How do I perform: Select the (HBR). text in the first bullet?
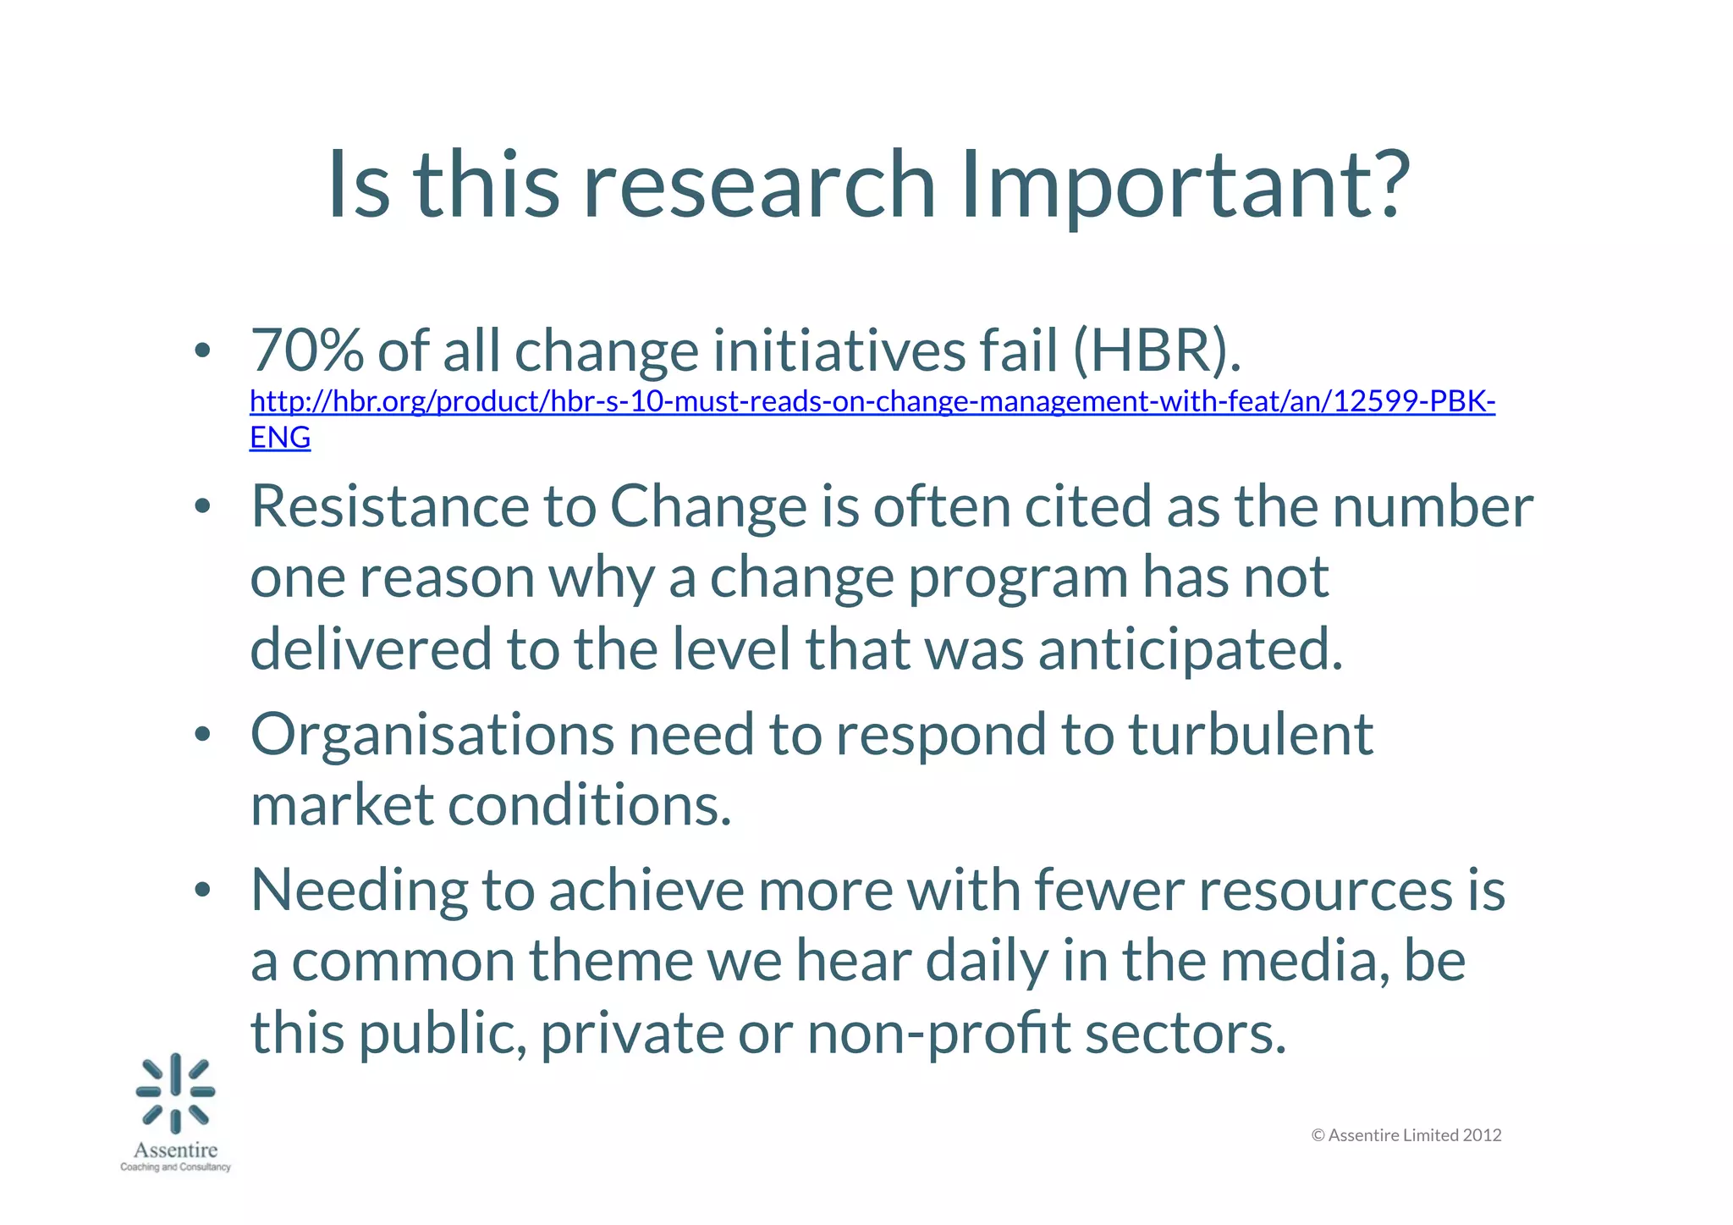[x=1157, y=350]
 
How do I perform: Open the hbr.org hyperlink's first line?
[x=872, y=401]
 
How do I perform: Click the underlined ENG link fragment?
[x=280, y=438]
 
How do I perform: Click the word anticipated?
[x=1191, y=648]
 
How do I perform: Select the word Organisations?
[x=432, y=734]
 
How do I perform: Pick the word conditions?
[x=589, y=805]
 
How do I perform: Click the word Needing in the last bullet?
[x=359, y=891]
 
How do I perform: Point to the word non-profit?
[x=939, y=1034]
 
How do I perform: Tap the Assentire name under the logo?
[x=176, y=1151]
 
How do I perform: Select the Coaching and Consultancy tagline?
[x=176, y=1167]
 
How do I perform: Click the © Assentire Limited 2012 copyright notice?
[x=1406, y=1135]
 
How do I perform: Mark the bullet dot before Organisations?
[x=201, y=735]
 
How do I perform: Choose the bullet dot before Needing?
[x=201, y=891]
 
